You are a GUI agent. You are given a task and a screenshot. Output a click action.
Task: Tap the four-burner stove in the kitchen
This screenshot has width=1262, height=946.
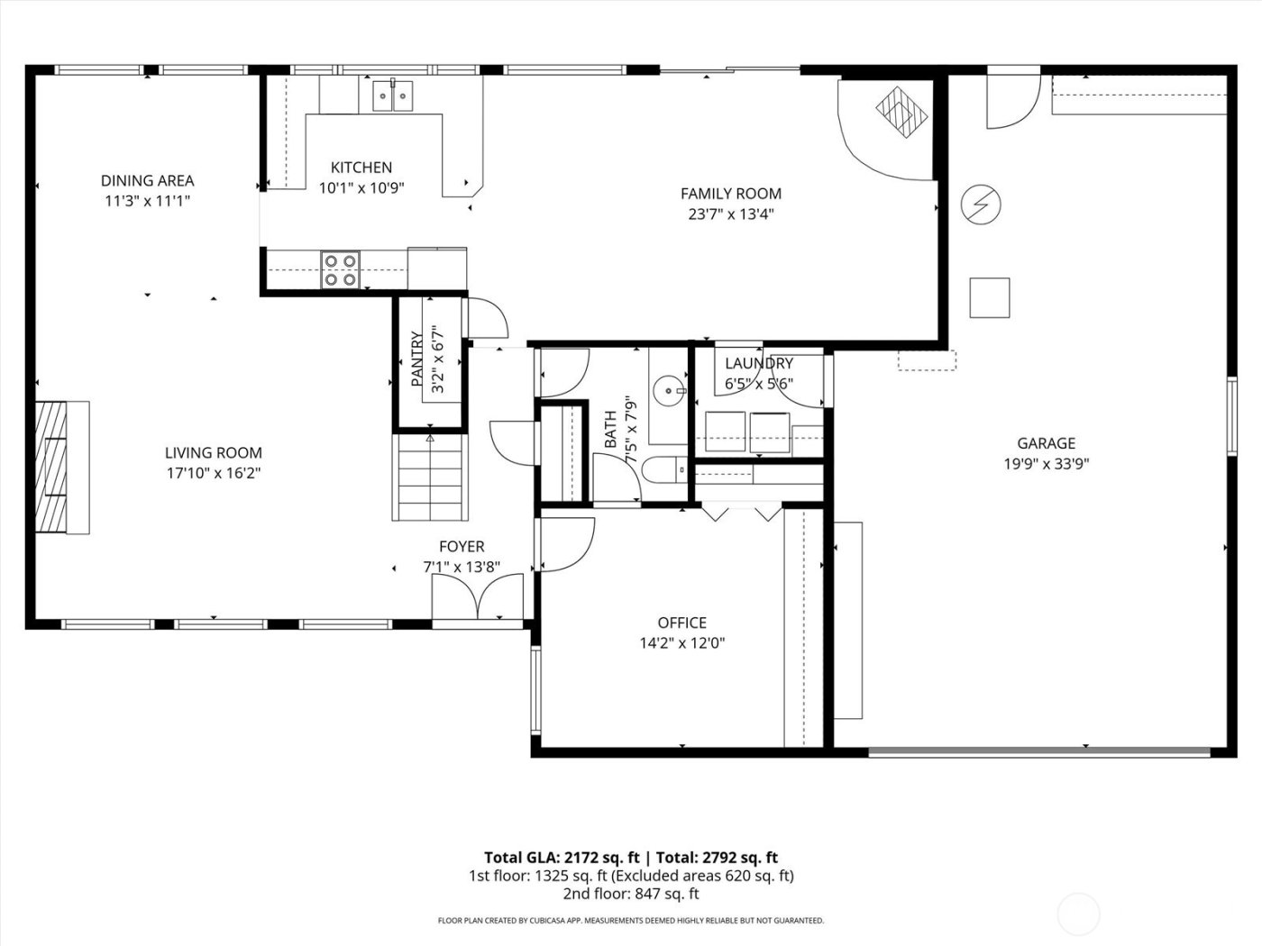tap(340, 270)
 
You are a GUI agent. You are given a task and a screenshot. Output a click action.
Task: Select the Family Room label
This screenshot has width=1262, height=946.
tap(730, 194)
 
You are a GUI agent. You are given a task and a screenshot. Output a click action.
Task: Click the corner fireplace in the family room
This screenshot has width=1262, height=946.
tap(901, 112)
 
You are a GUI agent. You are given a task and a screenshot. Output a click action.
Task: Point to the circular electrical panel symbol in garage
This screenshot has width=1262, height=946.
tap(979, 204)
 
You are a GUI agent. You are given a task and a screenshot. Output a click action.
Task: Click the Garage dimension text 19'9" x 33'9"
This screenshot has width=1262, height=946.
tap(1046, 464)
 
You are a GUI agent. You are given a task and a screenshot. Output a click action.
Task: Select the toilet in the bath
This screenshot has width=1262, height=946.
tap(665, 469)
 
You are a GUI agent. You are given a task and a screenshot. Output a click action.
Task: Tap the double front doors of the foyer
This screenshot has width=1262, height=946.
tap(478, 597)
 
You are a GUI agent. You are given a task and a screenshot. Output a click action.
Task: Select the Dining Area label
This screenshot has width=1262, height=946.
tap(147, 180)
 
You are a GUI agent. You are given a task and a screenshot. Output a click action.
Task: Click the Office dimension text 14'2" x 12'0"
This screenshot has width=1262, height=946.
tap(681, 643)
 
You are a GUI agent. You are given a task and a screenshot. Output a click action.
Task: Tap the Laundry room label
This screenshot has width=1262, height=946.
tap(759, 363)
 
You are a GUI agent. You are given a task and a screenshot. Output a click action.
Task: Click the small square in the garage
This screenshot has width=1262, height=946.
tap(989, 297)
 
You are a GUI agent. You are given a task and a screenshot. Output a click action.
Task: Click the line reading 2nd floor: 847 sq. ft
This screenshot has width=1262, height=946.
tap(630, 894)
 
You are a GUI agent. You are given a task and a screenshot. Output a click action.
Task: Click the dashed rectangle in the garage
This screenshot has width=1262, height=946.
tap(926, 360)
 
